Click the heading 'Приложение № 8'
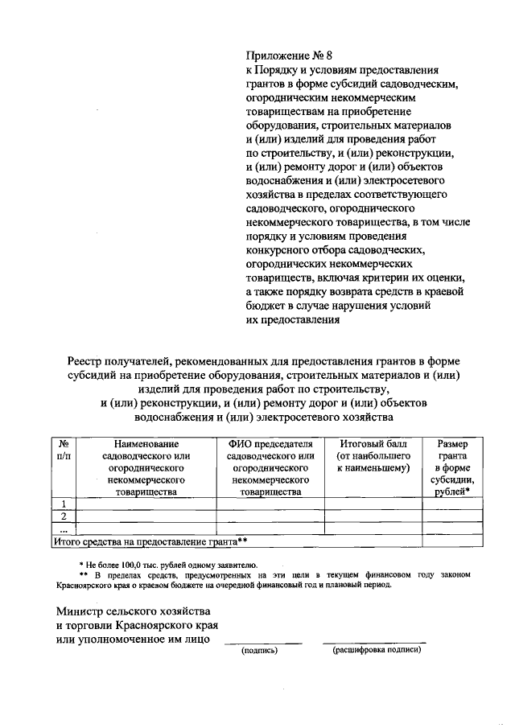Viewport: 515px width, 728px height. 289,56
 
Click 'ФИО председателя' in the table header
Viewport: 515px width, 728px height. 270,443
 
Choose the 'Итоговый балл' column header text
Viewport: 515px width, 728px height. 374,443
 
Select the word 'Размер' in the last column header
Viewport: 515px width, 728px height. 454,443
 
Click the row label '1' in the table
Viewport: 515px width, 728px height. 64,504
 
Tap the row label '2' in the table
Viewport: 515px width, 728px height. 64,516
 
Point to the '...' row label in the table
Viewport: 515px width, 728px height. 64,529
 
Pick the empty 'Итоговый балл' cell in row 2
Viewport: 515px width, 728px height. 374,516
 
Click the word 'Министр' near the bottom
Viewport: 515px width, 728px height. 80,611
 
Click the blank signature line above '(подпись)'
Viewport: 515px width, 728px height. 262,642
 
